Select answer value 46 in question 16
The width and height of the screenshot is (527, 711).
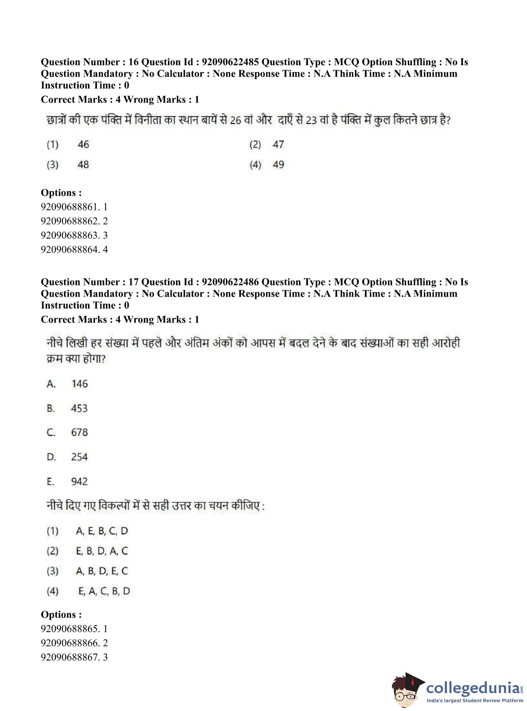[83, 144]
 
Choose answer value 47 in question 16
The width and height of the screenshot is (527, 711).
[278, 144]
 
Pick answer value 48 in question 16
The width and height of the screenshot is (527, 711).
[83, 165]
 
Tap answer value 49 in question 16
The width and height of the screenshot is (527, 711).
[278, 165]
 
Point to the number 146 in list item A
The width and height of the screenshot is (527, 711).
[80, 384]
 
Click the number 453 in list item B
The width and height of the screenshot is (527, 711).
[79, 408]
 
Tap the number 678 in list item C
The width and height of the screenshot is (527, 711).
[79, 432]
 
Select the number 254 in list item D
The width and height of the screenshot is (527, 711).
[79, 457]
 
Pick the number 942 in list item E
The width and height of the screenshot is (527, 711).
[79, 481]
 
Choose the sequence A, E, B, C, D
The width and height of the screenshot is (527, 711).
[102, 531]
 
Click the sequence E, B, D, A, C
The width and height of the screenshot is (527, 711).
[102, 551]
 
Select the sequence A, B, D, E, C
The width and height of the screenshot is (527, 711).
[102, 571]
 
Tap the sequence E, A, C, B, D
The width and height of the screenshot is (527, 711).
[104, 591]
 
